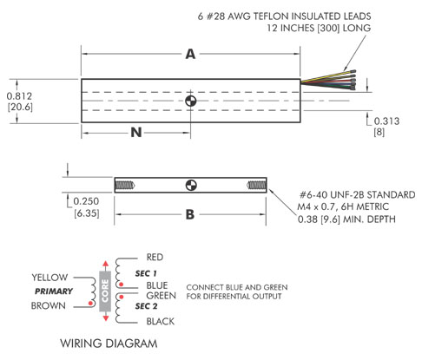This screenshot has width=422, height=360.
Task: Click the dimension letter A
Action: pyautogui.click(x=190, y=54)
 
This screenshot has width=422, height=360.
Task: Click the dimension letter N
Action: pyautogui.click(x=136, y=133)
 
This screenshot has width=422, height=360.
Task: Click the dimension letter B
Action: pyautogui.click(x=190, y=214)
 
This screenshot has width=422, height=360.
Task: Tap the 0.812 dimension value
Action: pyautogui.click(x=19, y=96)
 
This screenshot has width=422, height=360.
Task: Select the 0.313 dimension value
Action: pyautogui.click(x=386, y=121)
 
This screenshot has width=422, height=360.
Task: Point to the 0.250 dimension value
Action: pyautogui.click(x=86, y=201)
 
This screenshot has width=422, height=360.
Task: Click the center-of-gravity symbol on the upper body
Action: pyautogui.click(x=191, y=101)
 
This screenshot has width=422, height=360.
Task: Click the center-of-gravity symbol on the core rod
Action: pyautogui.click(x=191, y=185)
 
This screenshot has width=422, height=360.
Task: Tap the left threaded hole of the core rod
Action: pyautogui.click(x=125, y=185)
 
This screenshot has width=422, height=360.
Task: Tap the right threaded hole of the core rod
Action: pyautogui.click(x=256, y=185)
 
